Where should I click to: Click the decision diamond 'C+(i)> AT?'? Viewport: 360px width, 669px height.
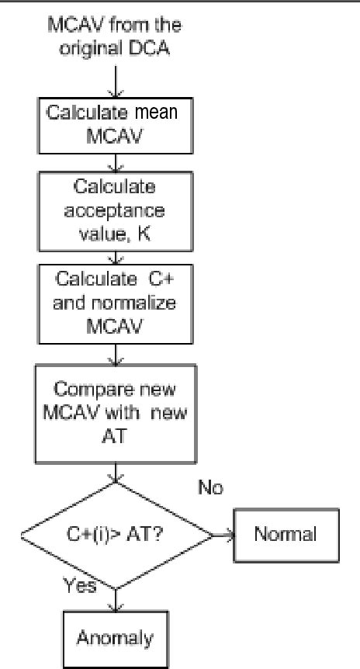pos(116,535)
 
